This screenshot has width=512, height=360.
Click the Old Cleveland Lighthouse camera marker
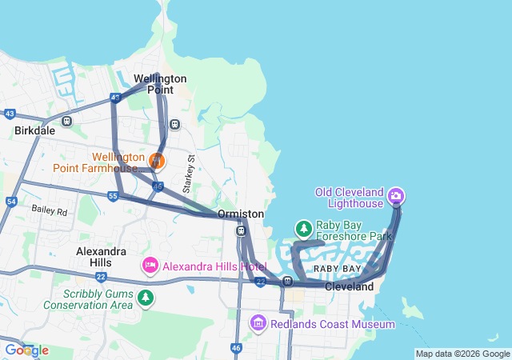click(x=395, y=196)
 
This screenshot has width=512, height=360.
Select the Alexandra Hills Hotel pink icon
click(x=150, y=265)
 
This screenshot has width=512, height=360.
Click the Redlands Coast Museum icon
click(x=258, y=323)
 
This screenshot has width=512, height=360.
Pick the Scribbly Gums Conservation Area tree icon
click(x=145, y=298)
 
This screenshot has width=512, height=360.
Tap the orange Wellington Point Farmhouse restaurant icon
click(x=157, y=162)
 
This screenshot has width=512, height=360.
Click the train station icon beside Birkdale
click(x=66, y=122)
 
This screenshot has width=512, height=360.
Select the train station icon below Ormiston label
click(x=241, y=231)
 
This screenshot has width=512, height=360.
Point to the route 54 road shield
click(x=11, y=202)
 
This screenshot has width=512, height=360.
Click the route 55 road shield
click(x=114, y=196)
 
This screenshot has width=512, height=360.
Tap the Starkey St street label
click(x=189, y=174)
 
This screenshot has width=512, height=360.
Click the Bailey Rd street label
click(x=50, y=210)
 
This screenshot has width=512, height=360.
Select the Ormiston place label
click(x=241, y=214)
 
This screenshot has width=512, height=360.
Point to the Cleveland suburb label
click(x=349, y=286)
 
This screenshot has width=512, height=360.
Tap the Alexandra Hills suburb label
click(x=101, y=256)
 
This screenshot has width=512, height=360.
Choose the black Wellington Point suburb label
click(x=160, y=84)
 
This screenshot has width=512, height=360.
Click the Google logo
click(x=26, y=350)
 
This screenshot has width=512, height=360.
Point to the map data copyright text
click(x=462, y=354)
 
